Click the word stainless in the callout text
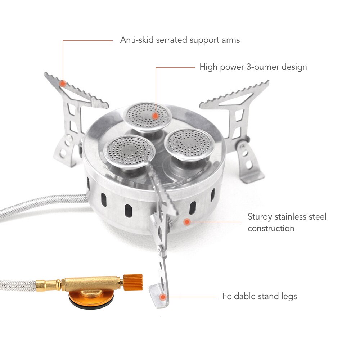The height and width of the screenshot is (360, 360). [x=292, y=217]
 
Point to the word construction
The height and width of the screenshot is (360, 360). [x=271, y=229]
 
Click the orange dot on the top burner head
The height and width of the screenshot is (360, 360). [x=156, y=116]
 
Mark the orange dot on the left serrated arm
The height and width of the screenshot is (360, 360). [x=63, y=84]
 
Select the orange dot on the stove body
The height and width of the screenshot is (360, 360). [x=187, y=222]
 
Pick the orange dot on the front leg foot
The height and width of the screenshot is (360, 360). [x=163, y=297]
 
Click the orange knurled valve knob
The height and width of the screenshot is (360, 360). [x=133, y=282]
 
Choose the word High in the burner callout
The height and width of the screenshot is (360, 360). [x=208, y=67]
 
